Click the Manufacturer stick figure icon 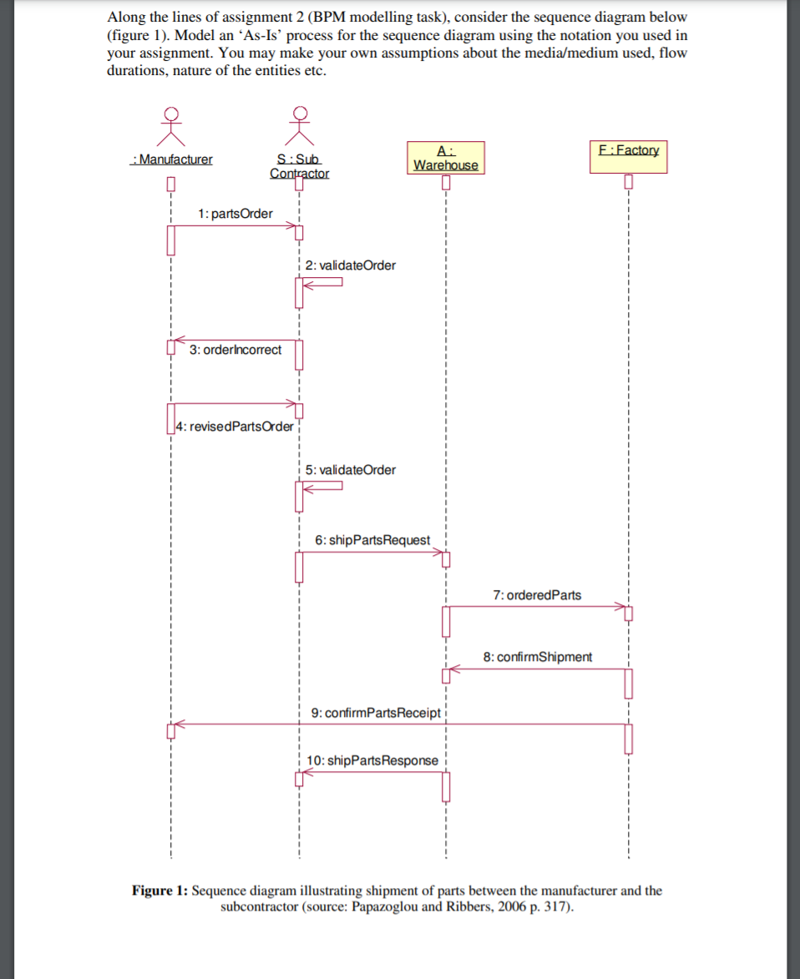click(x=171, y=124)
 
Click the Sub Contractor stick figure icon click(x=299, y=124)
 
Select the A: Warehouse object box click(x=446, y=158)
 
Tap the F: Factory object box click(x=628, y=156)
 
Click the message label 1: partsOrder click(x=235, y=214)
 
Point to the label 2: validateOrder click(x=351, y=265)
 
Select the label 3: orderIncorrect click(x=235, y=350)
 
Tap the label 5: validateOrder click(x=351, y=470)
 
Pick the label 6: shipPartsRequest click(x=372, y=540)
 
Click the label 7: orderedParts click(x=537, y=595)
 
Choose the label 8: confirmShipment click(x=538, y=657)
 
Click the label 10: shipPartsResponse click(x=372, y=760)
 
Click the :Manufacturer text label click(x=172, y=159)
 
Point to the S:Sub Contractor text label click(x=299, y=166)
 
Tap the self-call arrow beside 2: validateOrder click(x=324, y=282)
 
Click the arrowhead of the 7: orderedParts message click(x=622, y=607)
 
